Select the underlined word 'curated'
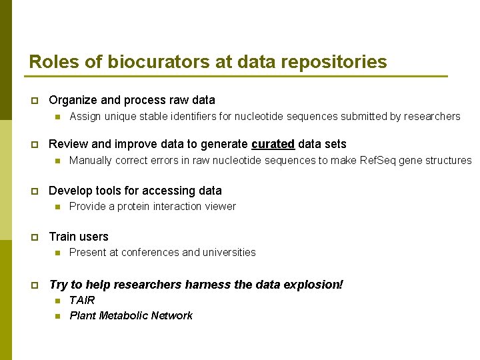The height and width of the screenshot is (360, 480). [x=273, y=144]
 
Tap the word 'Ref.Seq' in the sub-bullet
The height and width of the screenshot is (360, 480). [x=378, y=160]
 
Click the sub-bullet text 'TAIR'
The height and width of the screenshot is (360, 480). [x=82, y=300]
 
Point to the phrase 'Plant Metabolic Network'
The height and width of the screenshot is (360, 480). [x=131, y=315]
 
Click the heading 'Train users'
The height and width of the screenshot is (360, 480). [x=79, y=237]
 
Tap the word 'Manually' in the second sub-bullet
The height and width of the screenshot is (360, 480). [x=91, y=160]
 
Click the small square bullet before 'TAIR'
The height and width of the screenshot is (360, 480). [x=57, y=301]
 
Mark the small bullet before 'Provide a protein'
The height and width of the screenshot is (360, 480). [x=57, y=207]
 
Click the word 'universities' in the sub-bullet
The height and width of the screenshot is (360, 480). [x=229, y=252]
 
